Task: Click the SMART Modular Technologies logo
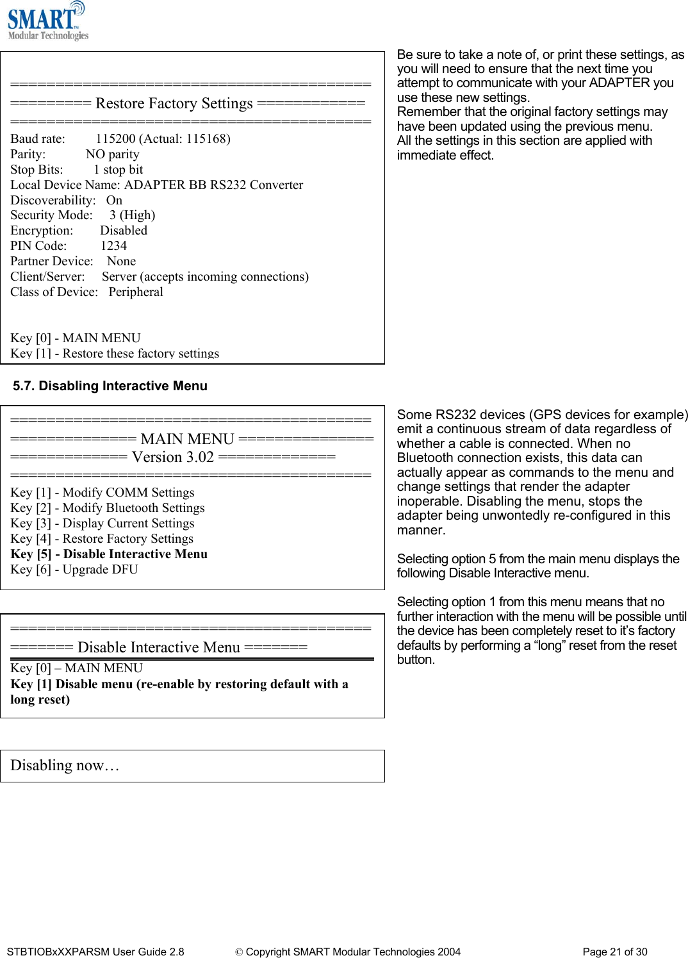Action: [x=47, y=22]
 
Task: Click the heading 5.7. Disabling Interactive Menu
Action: [x=110, y=386]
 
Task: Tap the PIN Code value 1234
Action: [x=113, y=246]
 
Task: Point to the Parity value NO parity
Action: [x=112, y=154]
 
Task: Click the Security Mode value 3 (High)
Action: [x=132, y=215]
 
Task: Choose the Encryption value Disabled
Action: [x=124, y=231]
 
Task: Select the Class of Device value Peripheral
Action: [x=136, y=292]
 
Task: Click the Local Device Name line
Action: [x=156, y=185]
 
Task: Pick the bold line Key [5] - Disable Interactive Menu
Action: [x=109, y=554]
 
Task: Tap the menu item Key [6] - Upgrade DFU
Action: [x=74, y=570]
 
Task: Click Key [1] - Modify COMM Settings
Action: [x=102, y=493]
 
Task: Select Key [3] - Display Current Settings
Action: [x=102, y=524]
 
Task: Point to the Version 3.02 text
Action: [x=172, y=457]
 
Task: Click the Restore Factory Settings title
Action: [x=174, y=103]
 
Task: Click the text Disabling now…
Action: [x=65, y=766]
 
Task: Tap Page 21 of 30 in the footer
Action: [x=614, y=952]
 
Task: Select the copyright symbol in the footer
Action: [x=239, y=952]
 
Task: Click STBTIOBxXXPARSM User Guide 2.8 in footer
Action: [x=95, y=952]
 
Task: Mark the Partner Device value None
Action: [x=121, y=261]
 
